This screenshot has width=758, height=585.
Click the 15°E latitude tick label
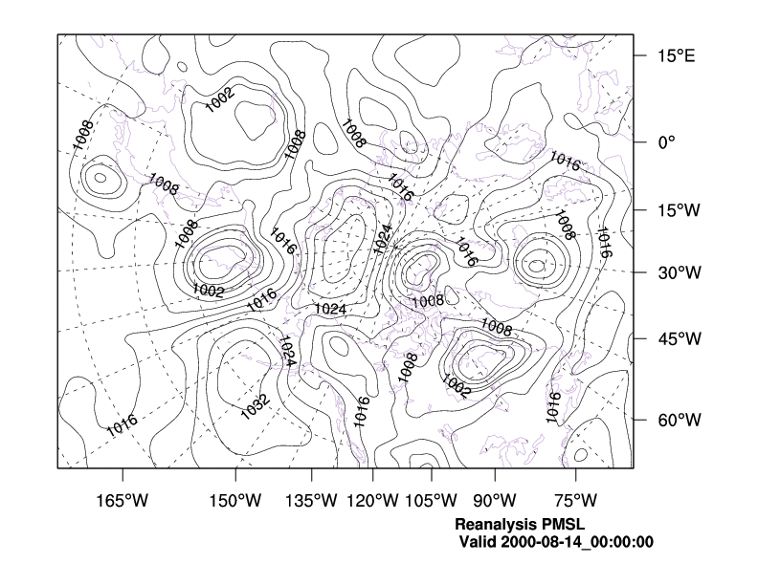click(x=676, y=55)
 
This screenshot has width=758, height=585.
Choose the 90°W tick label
click(x=494, y=502)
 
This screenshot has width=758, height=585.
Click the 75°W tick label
click(x=574, y=502)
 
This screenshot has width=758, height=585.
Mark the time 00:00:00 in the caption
click(x=623, y=542)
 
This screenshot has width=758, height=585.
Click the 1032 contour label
click(x=255, y=405)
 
